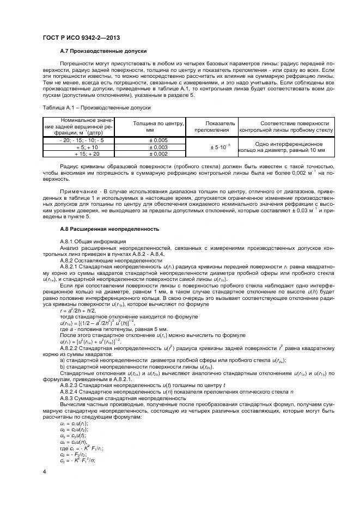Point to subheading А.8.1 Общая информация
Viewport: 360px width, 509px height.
pos(93,241)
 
